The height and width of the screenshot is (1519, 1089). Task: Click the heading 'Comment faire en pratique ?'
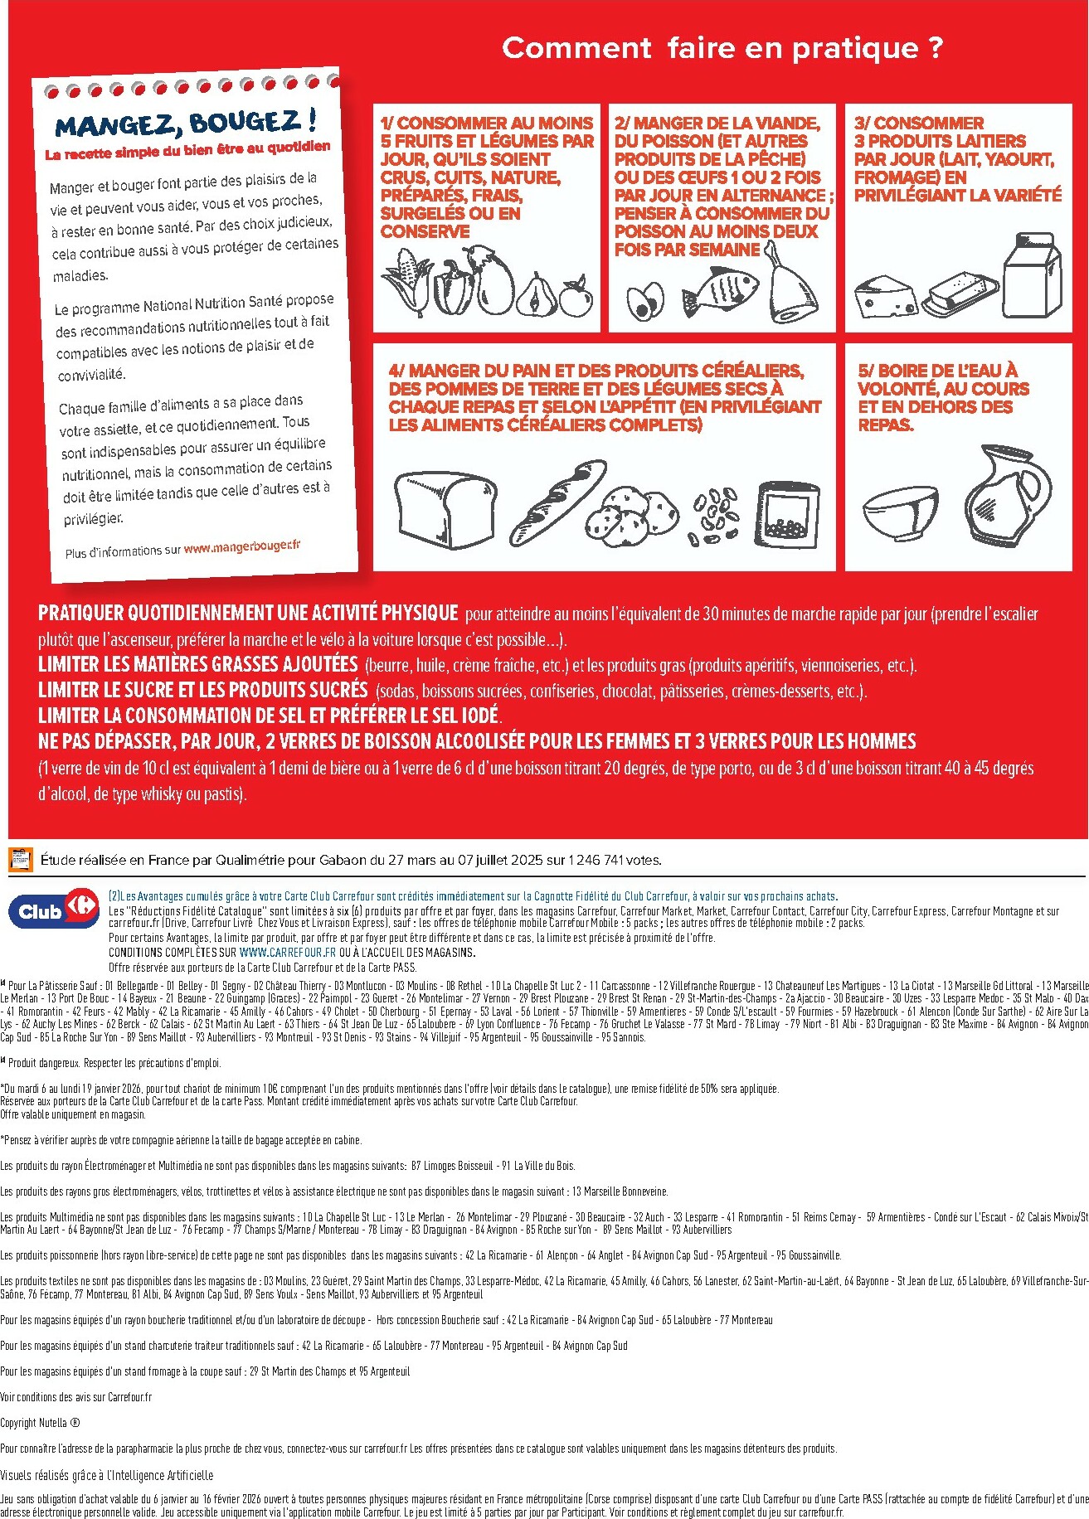click(x=722, y=48)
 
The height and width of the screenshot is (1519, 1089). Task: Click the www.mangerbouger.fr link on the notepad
click(x=241, y=546)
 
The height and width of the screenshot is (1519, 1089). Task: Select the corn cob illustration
click(x=408, y=284)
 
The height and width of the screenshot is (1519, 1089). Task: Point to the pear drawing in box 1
click(x=535, y=294)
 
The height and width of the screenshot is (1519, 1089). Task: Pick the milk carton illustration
click(x=1032, y=274)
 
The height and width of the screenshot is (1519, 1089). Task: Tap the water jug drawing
click(x=1008, y=496)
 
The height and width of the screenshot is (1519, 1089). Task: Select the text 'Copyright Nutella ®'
click(x=40, y=1423)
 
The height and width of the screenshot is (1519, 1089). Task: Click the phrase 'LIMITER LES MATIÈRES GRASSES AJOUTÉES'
click(x=197, y=664)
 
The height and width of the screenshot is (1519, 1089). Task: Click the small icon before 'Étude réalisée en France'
click(x=20, y=860)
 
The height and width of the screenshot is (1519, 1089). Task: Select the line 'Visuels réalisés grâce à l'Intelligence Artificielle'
click(x=106, y=1475)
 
